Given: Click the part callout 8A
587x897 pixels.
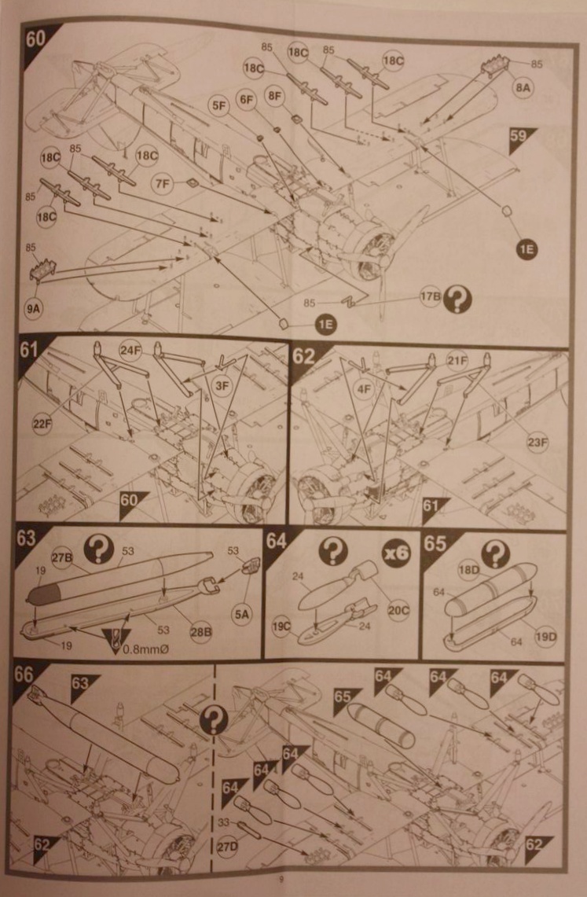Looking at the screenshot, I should point(523,89).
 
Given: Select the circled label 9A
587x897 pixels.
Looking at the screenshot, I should point(35,308).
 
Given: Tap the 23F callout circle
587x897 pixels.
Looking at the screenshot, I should point(538,443).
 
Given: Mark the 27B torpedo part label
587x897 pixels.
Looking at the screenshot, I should point(62,559).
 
